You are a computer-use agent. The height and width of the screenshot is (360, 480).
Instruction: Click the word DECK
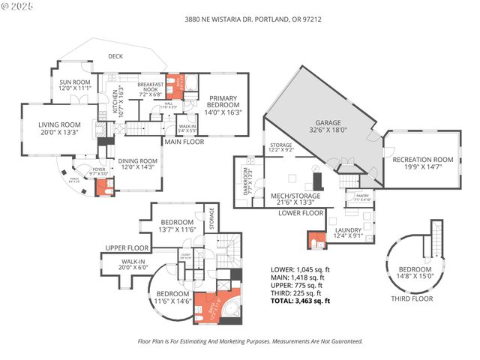115,56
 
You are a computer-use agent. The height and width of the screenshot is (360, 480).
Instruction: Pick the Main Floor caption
184,142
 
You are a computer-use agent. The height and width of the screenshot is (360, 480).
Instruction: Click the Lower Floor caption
300,212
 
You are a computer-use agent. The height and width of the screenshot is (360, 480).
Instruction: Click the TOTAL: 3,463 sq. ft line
300,300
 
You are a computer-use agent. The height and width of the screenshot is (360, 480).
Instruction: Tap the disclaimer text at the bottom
251,340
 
